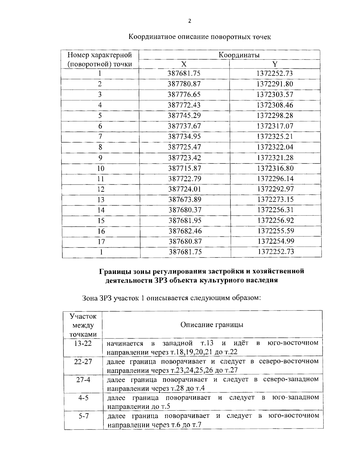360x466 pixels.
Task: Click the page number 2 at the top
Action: [x=189, y=21]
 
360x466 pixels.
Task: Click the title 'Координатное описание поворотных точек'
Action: [x=199, y=37]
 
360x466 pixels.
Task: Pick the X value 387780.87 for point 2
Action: [x=184, y=84]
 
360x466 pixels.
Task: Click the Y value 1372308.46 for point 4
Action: [x=275, y=105]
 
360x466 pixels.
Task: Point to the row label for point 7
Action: [x=100, y=137]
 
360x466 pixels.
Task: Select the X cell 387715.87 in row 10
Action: [x=184, y=168]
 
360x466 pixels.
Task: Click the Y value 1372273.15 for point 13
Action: [x=275, y=200]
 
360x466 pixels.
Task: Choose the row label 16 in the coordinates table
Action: [x=101, y=231]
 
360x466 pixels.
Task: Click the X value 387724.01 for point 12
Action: [x=184, y=189]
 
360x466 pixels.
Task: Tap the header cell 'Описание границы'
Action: [x=212, y=325]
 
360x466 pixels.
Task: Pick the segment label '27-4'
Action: [x=83, y=380]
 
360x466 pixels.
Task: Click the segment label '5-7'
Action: [x=83, y=416]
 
